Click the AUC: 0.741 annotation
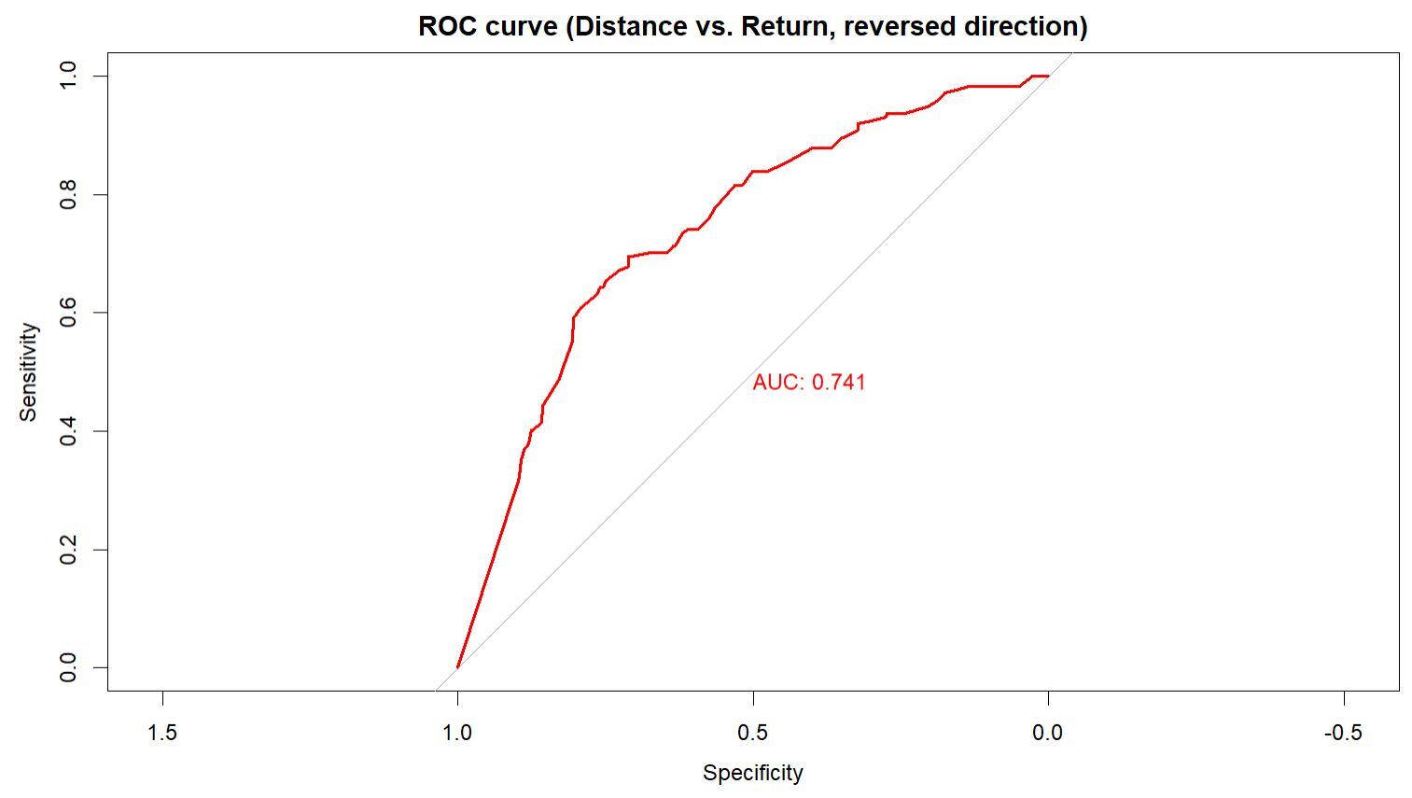(809, 382)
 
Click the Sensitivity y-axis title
(28, 371)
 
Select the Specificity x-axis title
(752, 773)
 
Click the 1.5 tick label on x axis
(162, 733)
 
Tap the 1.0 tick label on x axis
(457, 733)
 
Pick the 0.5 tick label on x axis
(752, 733)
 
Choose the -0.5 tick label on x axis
(1344, 733)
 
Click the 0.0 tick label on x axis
(1048, 733)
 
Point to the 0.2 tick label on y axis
(67, 550)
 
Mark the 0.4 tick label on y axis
(67, 431)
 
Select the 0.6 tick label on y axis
(67, 313)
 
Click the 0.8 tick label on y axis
(67, 195)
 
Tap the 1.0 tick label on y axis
(67, 77)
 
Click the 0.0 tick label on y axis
(67, 667)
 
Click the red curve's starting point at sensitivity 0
(457, 667)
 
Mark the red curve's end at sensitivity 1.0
(1048, 77)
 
